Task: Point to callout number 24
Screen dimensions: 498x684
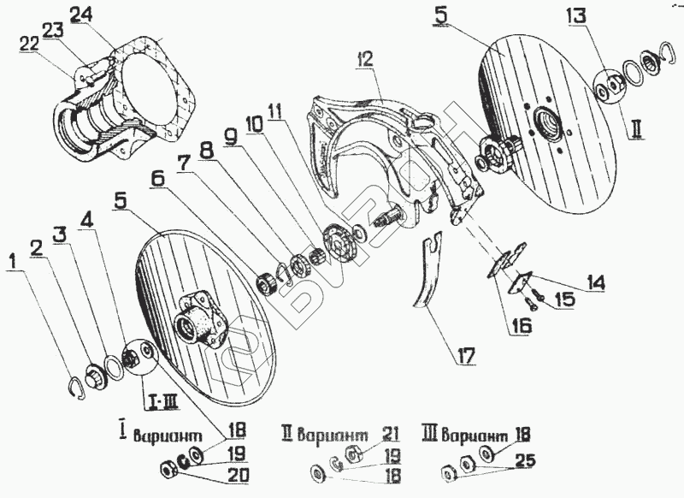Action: [82, 15]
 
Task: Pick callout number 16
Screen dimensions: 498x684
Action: [522, 326]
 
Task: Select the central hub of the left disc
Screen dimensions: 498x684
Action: [194, 318]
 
